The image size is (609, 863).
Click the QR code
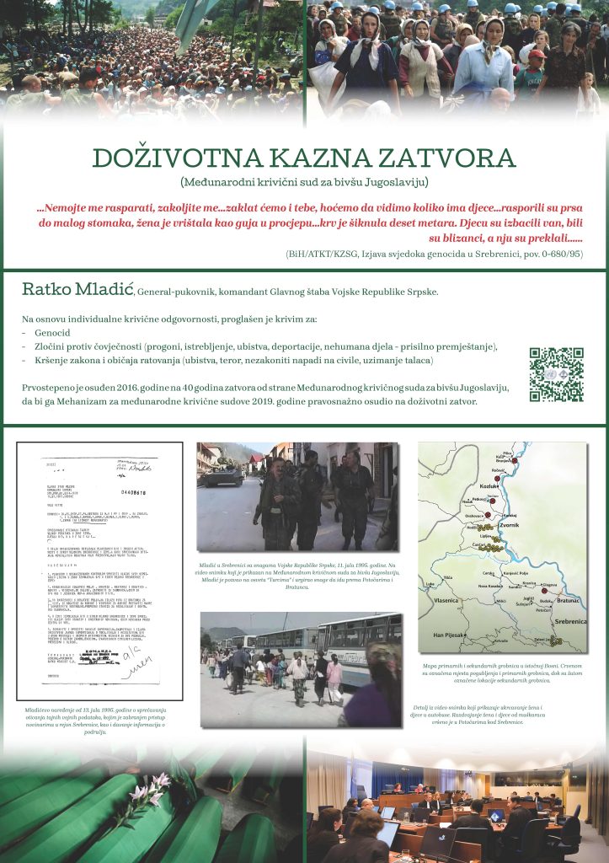(556, 374)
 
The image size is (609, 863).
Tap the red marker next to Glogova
(543, 590)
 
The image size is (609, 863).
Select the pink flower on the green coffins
(147, 792)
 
